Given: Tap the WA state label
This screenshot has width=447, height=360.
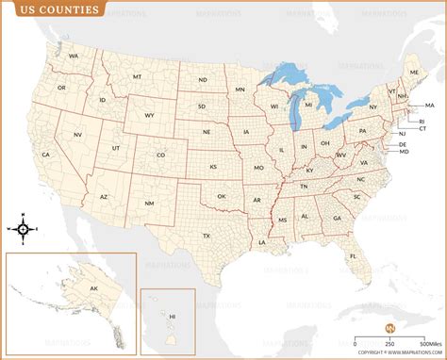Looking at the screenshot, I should tap(73, 57).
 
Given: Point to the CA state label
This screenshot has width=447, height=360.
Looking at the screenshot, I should tap(45, 154).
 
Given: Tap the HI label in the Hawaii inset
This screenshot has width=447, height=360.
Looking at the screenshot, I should tap(172, 317).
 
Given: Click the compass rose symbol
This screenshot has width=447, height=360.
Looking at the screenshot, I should tap(26, 228).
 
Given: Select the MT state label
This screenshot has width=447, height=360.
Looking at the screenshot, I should tap(137, 76).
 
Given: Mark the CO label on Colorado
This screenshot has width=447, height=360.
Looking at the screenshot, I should tap(160, 155).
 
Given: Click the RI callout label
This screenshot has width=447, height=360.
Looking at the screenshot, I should tap(422, 121).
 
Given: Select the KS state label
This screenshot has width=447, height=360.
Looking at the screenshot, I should tap(214, 166).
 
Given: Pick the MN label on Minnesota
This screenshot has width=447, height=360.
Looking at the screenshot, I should tap(240, 90).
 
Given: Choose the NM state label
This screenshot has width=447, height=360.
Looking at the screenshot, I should tap(149, 204).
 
